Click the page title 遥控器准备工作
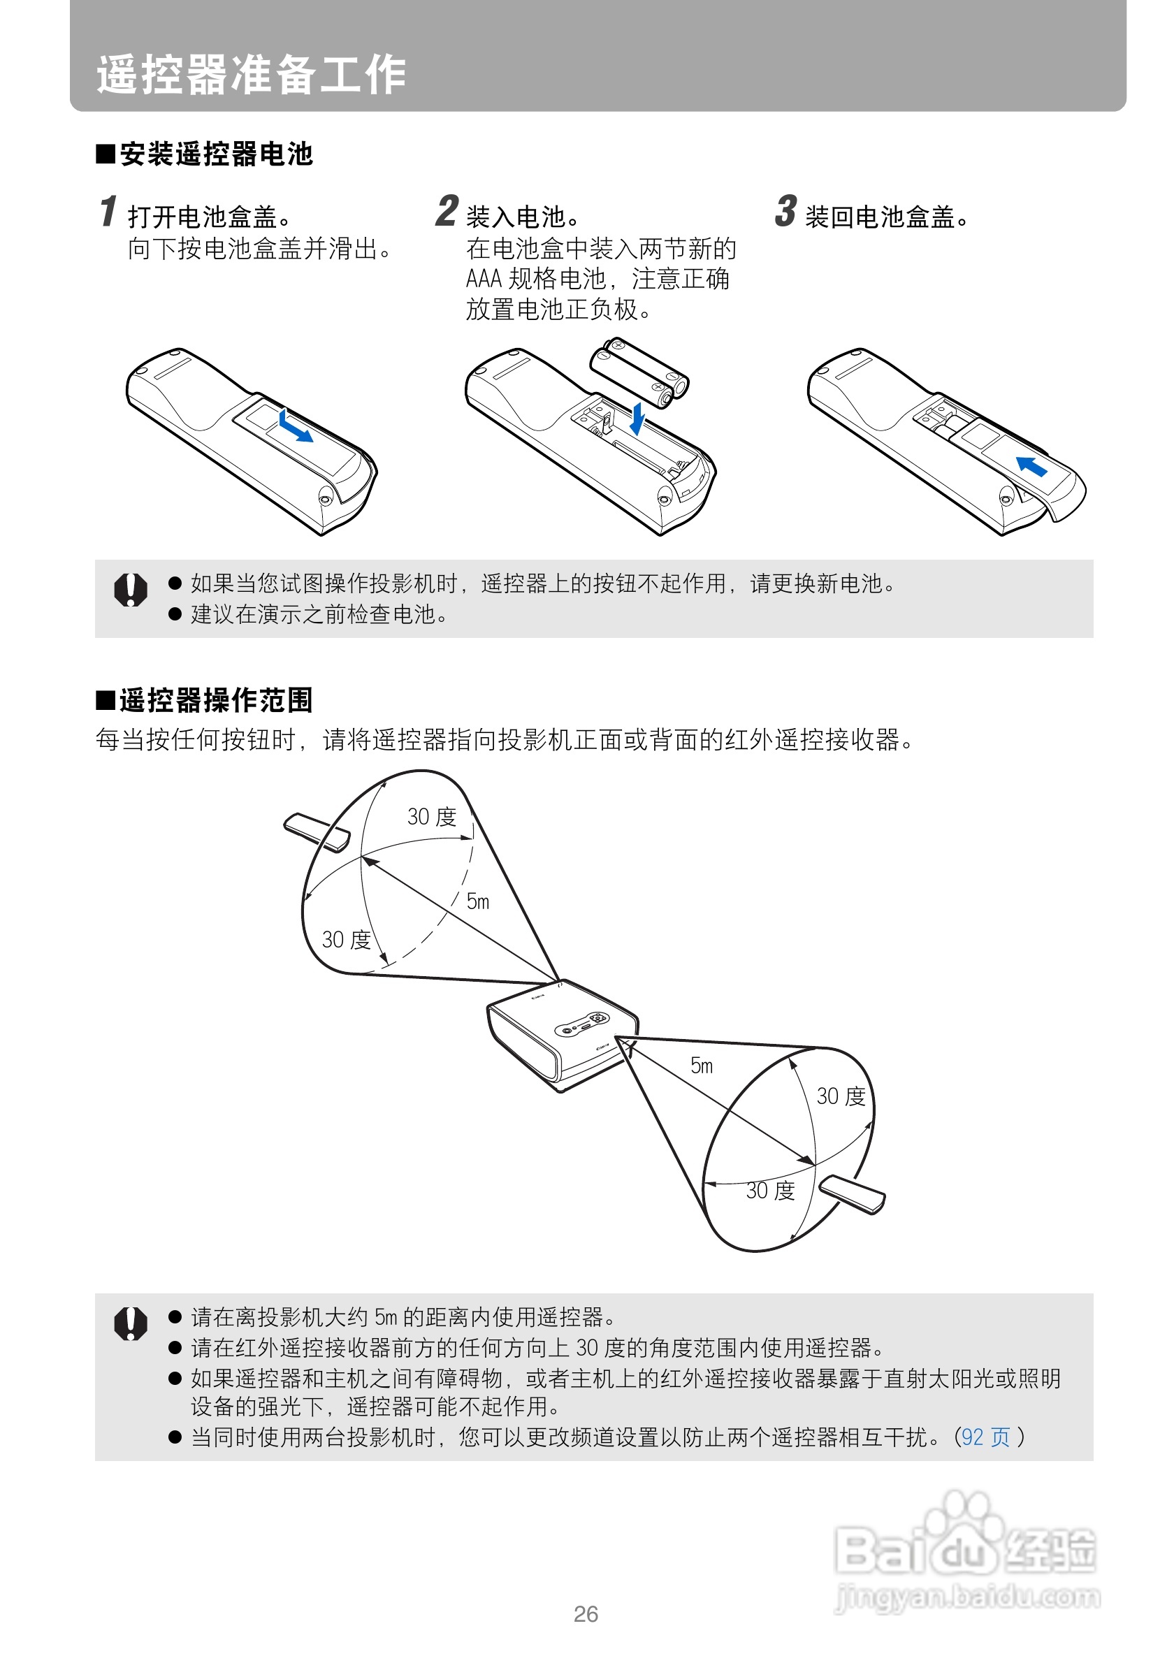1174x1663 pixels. pos(251,74)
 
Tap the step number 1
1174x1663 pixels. pos(108,211)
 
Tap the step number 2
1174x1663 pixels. pos(447,211)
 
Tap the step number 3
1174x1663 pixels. pos(785,211)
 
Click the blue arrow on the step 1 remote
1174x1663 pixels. pos(295,426)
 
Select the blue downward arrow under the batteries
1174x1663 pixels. pos(637,419)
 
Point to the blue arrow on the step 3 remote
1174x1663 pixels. pos(1031,466)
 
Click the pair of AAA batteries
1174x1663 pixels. pos(639,372)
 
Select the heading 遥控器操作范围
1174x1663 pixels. pos(217,700)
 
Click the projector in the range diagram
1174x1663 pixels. pos(562,1036)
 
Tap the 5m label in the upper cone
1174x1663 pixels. pos(478,901)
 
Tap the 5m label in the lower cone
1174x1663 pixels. pos(702,1066)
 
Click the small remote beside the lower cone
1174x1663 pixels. pos(853,1193)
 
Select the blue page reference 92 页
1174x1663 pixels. pos(986,1437)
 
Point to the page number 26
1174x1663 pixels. pos(586,1614)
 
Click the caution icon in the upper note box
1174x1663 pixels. pos(131,590)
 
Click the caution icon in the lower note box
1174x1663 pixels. pos(131,1323)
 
